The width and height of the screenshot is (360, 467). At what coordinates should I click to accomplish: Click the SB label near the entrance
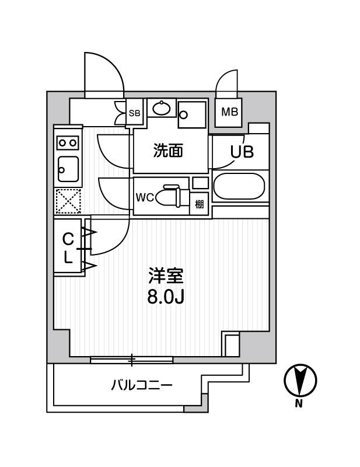[135, 113]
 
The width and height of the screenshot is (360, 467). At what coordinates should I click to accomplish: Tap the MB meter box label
[229, 112]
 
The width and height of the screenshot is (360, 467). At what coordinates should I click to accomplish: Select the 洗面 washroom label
[168, 151]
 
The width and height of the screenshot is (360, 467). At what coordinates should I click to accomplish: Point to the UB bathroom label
[242, 152]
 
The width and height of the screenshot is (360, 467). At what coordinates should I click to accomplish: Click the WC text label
[145, 197]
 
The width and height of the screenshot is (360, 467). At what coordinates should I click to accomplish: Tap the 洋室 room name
[166, 276]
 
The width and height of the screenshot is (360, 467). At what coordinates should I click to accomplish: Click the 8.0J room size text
[166, 297]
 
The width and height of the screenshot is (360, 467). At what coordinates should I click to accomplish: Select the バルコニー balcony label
[142, 386]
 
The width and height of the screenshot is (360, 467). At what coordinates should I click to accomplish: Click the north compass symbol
[300, 381]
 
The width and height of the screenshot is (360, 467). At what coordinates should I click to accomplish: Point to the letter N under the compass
[299, 404]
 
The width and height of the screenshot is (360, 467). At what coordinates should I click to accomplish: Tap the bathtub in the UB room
[239, 186]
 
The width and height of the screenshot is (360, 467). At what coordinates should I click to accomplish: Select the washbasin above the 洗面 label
[162, 109]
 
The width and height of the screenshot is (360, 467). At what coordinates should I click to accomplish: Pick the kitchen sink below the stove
[68, 169]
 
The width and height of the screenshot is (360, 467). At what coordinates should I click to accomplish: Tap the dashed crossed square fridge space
[68, 201]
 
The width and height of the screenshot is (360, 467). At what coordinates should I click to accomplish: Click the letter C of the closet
[68, 239]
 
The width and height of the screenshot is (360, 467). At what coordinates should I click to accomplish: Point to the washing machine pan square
[192, 115]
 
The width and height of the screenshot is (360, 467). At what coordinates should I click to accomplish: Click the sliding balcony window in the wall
[132, 360]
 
